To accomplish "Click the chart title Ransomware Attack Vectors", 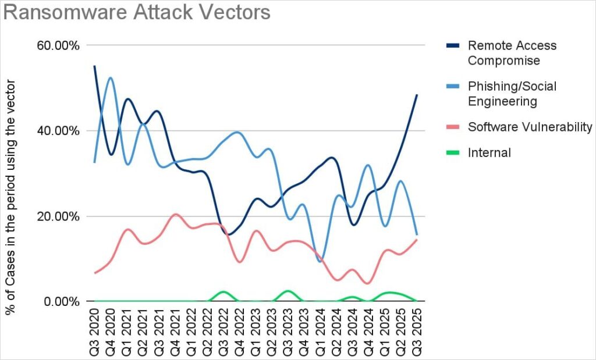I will (x=137, y=13).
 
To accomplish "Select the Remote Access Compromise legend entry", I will (x=512, y=53).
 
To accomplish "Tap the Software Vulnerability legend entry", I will (x=530, y=127).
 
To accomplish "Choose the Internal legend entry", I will (x=489, y=153).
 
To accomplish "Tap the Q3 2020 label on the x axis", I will (x=95, y=332).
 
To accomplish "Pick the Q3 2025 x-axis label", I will (x=416, y=332).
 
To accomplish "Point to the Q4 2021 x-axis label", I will (x=175, y=332).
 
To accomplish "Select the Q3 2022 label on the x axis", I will (x=223, y=332).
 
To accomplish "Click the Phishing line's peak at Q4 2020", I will (x=110, y=77).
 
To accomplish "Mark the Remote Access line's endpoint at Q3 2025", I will (x=416, y=95).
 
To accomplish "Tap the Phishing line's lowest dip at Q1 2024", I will (x=320, y=261).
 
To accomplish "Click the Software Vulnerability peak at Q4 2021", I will (x=175, y=214).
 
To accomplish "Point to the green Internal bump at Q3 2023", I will (x=287, y=291).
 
